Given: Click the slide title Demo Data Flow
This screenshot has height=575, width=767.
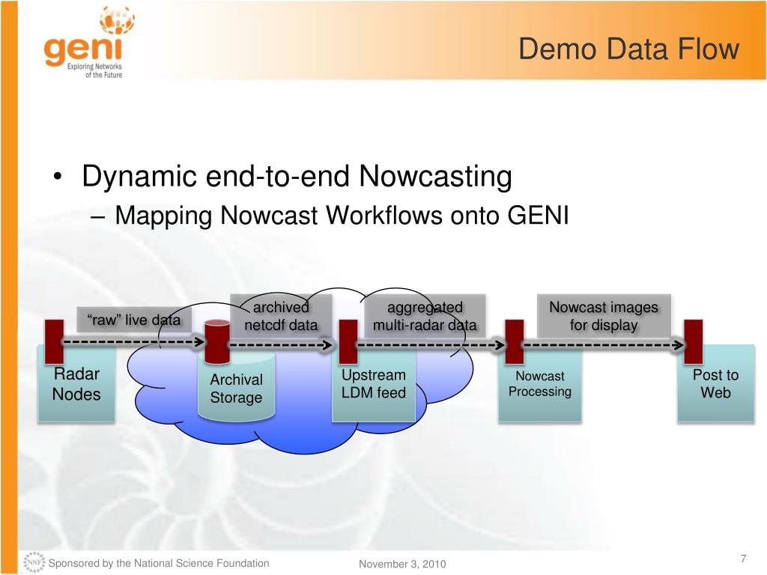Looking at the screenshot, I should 628,49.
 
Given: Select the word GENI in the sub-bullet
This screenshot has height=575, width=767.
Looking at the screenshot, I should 539,216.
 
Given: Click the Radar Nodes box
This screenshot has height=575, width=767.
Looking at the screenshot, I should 76,385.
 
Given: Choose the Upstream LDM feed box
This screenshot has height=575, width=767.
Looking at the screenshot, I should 373,384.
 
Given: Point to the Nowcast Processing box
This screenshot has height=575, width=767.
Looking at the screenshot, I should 539,384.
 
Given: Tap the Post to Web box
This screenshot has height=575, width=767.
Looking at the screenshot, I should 715,384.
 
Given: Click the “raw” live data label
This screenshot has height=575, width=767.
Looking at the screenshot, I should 134,320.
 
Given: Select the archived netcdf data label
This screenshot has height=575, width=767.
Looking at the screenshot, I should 281,316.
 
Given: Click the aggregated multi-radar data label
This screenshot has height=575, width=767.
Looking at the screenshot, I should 425,316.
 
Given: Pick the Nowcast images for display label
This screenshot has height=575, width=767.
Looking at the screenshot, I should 603,316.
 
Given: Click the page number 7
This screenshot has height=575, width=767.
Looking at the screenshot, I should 743,559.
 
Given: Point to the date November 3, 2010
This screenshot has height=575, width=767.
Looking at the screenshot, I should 402,564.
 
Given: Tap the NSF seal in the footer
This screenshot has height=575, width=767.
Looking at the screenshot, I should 34,562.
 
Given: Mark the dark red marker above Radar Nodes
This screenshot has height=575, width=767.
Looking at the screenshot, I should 53,341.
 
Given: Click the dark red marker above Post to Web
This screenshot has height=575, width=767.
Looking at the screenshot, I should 694,341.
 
